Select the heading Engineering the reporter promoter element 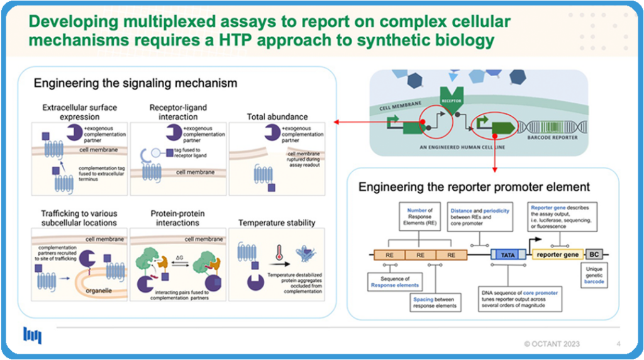[474, 187]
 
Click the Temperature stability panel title [276, 222]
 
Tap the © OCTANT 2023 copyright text [552, 344]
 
